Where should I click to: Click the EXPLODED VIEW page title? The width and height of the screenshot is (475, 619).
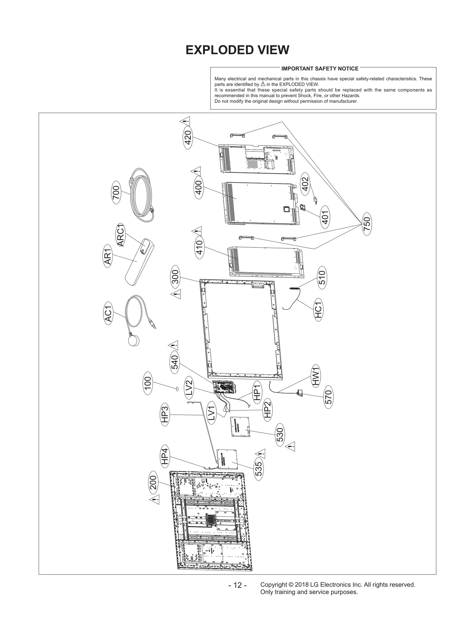point(237,50)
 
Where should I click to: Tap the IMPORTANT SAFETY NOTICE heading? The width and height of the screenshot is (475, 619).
point(320,69)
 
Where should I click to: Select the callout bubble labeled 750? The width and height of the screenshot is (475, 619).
point(367,224)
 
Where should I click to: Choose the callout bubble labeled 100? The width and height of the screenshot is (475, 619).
point(148,383)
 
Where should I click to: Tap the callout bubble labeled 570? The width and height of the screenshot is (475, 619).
point(328,397)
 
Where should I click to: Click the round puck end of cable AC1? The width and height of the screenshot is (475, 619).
point(134,339)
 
